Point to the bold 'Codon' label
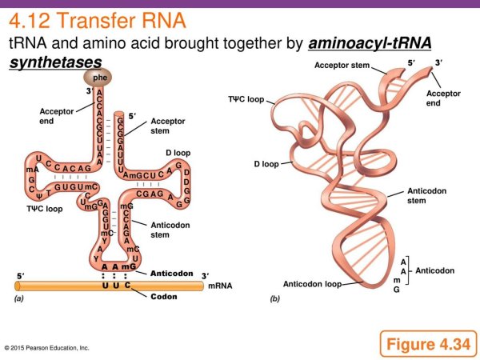click(166, 297)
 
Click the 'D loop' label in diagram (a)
click(178, 152)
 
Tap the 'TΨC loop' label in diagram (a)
click(43, 209)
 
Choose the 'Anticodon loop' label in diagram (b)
click(312, 284)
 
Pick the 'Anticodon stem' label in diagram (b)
click(426, 196)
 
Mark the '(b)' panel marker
click(274, 299)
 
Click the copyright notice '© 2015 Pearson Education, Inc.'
click(46, 348)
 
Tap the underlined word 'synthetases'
click(55, 62)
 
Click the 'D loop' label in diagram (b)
click(266, 164)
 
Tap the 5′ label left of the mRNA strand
click(20, 275)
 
